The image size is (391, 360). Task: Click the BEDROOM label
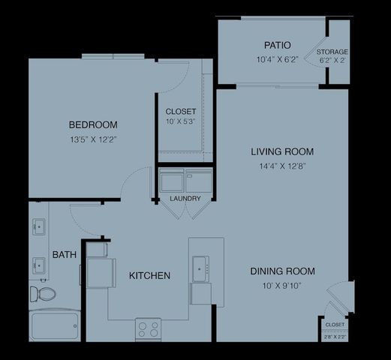point(93,124)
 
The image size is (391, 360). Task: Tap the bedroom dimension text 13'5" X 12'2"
point(93,139)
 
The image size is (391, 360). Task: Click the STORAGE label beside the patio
point(332,52)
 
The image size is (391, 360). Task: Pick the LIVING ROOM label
point(282,151)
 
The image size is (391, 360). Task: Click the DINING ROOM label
point(282,271)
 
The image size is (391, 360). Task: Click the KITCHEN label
point(149,275)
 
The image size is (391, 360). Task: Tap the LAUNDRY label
point(185,199)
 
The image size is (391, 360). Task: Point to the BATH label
point(64,255)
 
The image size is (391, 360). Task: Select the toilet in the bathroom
point(44,292)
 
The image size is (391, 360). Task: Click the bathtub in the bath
point(54,327)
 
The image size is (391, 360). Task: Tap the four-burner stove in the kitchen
point(149,328)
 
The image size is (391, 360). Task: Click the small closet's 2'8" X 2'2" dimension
point(335,337)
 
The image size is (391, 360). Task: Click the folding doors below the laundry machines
point(185,209)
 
